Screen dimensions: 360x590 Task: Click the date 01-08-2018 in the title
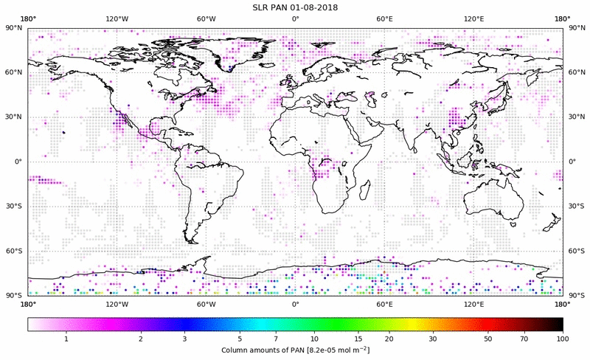click(319, 7)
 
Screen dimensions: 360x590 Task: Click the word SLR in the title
click(261, 7)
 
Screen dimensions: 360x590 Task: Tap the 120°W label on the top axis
click(117, 18)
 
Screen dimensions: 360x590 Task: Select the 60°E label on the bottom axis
click(384, 303)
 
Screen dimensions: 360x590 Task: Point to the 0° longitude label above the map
click(295, 18)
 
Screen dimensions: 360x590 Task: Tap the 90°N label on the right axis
click(575, 28)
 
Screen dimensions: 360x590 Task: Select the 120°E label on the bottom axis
click(473, 303)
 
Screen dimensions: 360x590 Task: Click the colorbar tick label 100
click(563, 339)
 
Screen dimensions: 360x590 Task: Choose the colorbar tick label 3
click(185, 339)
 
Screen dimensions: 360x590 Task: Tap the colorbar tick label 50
click(488, 339)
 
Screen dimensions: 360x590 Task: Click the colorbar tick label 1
click(66, 339)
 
